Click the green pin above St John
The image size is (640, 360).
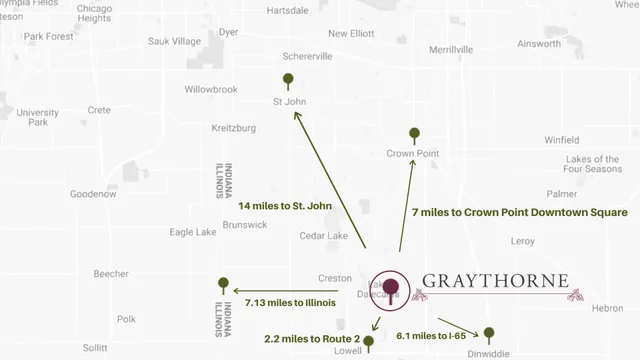pyautogui.click(x=288, y=79)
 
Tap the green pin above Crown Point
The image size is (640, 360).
pyautogui.click(x=414, y=134)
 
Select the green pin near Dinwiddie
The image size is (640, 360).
pyautogui.click(x=489, y=332)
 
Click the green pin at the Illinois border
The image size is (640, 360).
pyautogui.click(x=223, y=284)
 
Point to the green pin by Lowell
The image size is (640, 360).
pyautogui.click(x=369, y=342)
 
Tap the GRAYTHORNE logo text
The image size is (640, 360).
pyautogui.click(x=495, y=280)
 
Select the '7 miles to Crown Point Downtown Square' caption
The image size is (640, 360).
pyautogui.click(x=519, y=213)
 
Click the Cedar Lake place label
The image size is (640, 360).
pyautogui.click(x=324, y=236)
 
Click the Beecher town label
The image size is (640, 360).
pyautogui.click(x=110, y=273)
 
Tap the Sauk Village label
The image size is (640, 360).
pyautogui.click(x=174, y=42)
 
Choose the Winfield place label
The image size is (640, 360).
pyautogui.click(x=561, y=139)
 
